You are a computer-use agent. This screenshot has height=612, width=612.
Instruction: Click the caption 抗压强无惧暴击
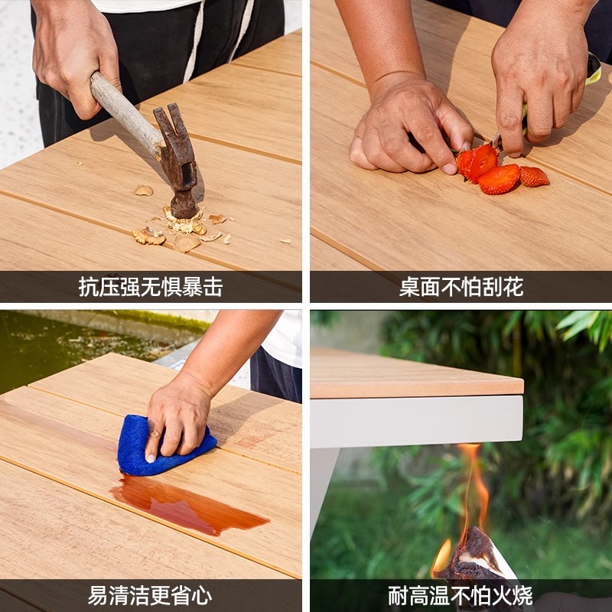coord(151,287)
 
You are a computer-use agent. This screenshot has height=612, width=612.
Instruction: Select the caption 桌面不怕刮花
coord(461,287)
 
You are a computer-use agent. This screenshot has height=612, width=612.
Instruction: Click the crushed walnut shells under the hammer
coord(184,226)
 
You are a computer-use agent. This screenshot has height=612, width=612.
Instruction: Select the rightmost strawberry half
coord(533,177)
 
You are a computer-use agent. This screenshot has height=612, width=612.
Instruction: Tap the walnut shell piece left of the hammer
coord(143,190)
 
